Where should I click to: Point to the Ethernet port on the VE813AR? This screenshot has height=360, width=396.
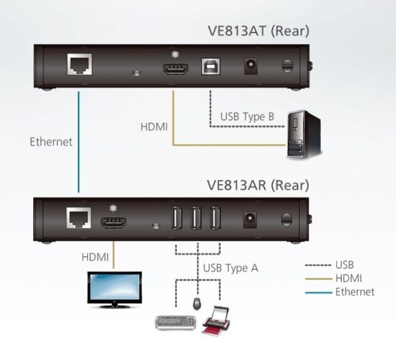pos(77,219)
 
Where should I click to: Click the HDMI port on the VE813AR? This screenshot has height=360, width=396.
pos(114,220)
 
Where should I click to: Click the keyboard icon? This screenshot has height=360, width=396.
pos(174,322)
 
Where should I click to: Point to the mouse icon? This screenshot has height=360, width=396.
pos(197,304)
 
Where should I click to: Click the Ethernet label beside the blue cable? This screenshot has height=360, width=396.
pos(51,141)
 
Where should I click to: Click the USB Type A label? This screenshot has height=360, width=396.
pos(230,268)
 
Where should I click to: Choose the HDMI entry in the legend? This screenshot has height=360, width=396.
pos(348,278)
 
